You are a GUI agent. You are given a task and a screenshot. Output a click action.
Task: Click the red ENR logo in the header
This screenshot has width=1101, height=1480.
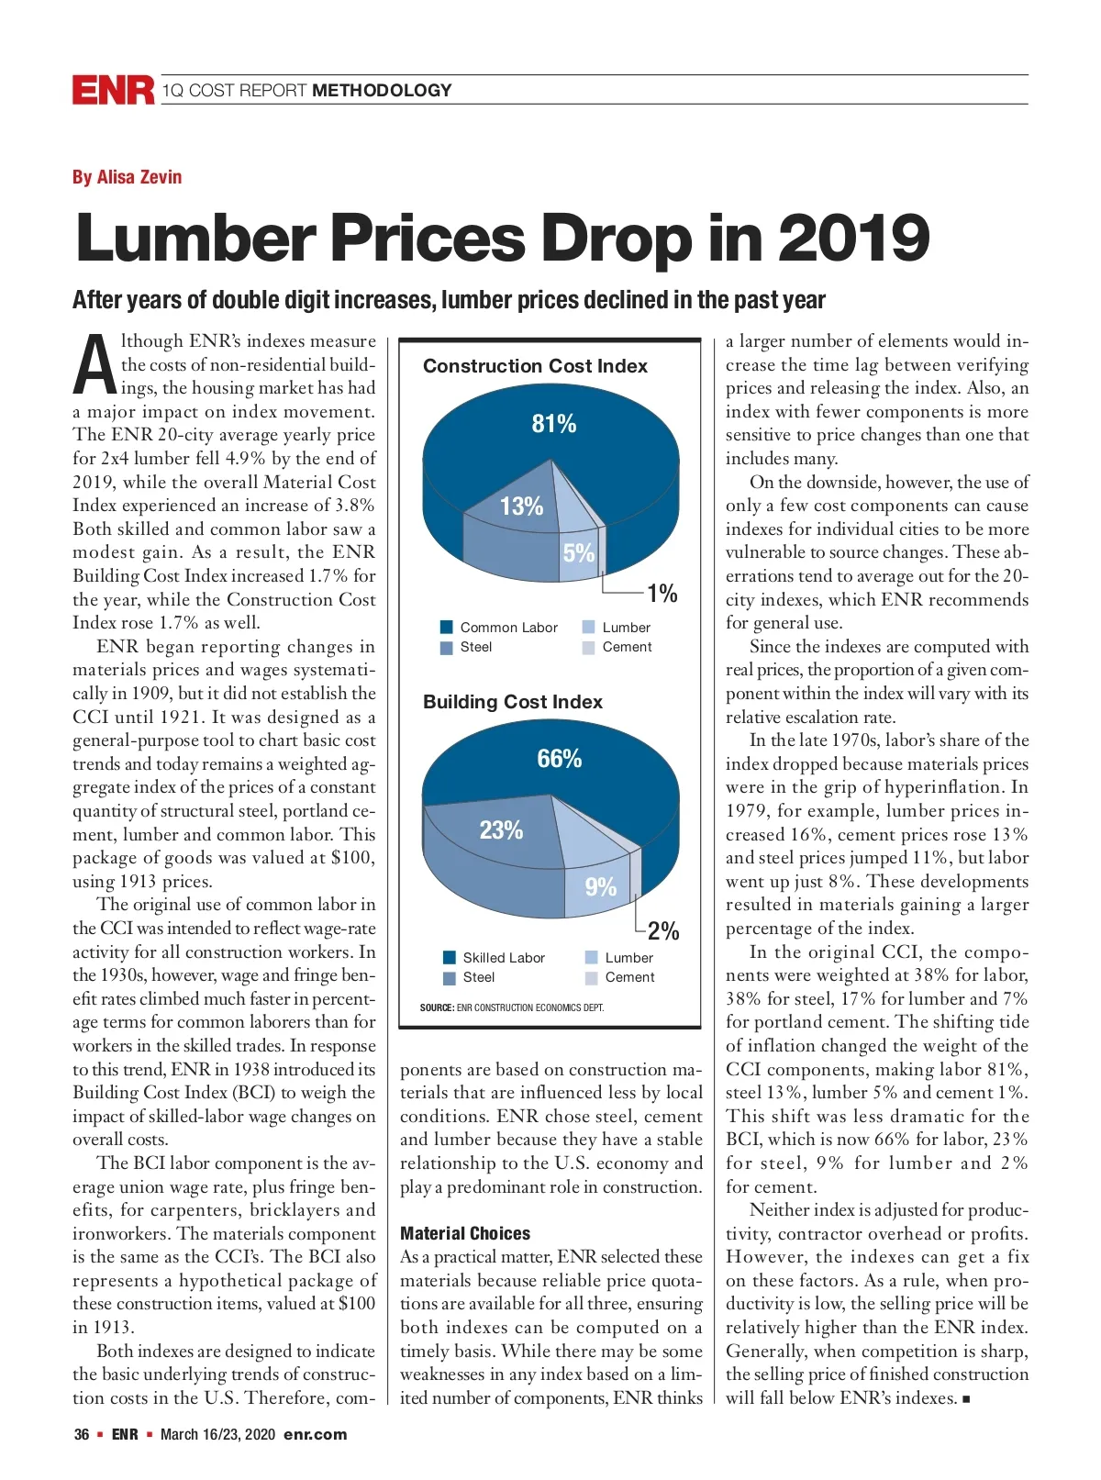pos(114,90)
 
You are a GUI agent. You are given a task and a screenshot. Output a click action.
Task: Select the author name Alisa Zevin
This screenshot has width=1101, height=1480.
pos(127,177)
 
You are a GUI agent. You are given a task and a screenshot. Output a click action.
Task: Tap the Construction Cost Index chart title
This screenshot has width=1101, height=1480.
pos(535,366)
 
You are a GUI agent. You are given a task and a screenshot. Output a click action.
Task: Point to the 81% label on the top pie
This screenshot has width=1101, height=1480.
pos(554,424)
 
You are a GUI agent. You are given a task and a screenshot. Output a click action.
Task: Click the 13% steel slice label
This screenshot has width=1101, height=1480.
pos(521,506)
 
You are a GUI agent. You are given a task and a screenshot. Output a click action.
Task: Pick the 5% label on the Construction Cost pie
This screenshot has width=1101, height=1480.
pos(578,553)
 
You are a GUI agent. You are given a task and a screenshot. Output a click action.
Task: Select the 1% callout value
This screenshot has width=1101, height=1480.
pos(662,594)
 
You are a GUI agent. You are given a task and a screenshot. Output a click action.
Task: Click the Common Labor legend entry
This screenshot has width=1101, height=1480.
pos(500,628)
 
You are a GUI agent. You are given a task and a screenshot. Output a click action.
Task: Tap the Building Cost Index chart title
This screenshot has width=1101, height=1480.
pos(512,702)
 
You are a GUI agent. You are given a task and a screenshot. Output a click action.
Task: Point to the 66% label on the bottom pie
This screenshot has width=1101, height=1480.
pos(559,759)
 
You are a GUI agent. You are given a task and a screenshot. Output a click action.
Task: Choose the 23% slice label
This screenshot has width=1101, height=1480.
pos(501,830)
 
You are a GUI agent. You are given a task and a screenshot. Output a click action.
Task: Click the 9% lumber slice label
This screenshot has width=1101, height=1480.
pos(600,886)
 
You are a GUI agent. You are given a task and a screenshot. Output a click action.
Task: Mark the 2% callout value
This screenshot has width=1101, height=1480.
pos(662,931)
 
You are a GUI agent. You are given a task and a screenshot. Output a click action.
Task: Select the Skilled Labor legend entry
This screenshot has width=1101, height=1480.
pos(495,958)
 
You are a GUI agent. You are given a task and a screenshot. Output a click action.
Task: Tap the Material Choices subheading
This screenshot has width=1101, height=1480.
pos(465,1233)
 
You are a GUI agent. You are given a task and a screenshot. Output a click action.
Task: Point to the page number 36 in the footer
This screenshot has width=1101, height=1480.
pos(82,1434)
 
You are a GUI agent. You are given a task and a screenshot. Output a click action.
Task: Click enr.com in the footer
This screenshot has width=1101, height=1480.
pos(315,1434)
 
